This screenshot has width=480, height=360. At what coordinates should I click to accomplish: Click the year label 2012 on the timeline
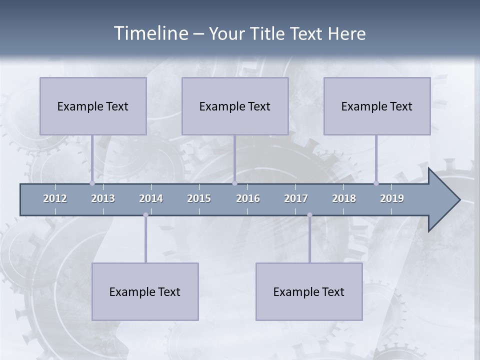pyautogui.click(x=55, y=198)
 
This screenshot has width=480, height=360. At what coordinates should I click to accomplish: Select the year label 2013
pyautogui.click(x=103, y=198)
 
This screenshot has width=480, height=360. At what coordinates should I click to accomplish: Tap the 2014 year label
pyautogui.click(x=151, y=198)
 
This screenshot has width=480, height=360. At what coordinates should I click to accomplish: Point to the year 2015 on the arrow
pyautogui.click(x=199, y=198)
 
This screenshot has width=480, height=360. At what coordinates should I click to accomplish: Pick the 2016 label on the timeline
pyautogui.click(x=248, y=198)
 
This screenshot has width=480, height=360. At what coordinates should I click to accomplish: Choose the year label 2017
pyautogui.click(x=296, y=198)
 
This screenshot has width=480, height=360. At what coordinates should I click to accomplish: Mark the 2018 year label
pyautogui.click(x=344, y=198)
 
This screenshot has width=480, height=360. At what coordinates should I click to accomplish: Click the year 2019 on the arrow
pyautogui.click(x=392, y=198)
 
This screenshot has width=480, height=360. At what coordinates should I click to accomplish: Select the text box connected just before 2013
pyautogui.click(x=93, y=106)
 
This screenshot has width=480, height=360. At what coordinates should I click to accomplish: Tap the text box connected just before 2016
pyautogui.click(x=235, y=106)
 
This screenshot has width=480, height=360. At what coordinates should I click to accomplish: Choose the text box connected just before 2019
pyautogui.click(x=377, y=106)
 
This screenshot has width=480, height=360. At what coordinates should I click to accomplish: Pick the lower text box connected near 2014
pyautogui.click(x=145, y=291)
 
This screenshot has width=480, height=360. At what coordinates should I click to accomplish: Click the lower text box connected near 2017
pyautogui.click(x=309, y=291)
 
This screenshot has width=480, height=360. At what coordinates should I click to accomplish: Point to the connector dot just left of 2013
pyautogui.click(x=92, y=183)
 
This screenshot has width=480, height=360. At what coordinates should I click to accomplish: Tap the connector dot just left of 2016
pyautogui.click(x=234, y=183)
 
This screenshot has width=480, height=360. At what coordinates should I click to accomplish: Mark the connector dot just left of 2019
pyautogui.click(x=376, y=183)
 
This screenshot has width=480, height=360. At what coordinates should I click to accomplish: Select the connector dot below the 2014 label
pyautogui.click(x=145, y=215)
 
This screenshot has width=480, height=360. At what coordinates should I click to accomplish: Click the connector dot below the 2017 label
pyautogui.click(x=309, y=215)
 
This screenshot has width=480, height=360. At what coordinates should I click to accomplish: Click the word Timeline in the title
pyautogui.click(x=150, y=33)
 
